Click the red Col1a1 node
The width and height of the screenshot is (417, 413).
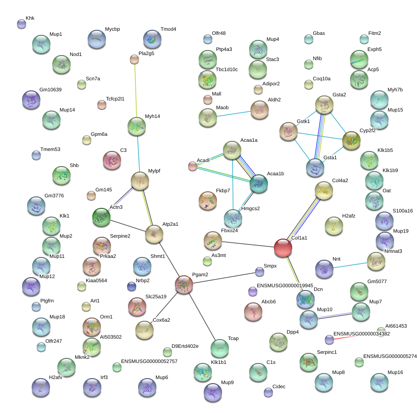click(x=283, y=248)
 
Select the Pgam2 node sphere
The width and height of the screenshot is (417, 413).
click(x=184, y=285)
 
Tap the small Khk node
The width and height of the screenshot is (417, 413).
click(x=22, y=24)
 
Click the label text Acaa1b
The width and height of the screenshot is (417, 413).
click(x=276, y=174)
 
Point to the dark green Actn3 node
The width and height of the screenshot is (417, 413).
click(x=101, y=218)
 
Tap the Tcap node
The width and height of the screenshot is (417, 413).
click(x=220, y=349)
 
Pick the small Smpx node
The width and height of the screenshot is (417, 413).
click(x=260, y=272)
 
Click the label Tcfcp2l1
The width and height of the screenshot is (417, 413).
click(x=115, y=99)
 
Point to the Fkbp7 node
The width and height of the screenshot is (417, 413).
click(x=208, y=200)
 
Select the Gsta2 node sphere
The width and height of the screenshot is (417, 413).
click(x=324, y=106)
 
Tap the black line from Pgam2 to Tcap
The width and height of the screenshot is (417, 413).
click(x=202, y=317)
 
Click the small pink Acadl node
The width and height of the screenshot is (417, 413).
click(x=193, y=167)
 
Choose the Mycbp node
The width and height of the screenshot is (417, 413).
click(x=97, y=39)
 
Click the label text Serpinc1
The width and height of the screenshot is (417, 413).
click(x=327, y=352)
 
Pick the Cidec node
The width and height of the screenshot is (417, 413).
click(x=268, y=392)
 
